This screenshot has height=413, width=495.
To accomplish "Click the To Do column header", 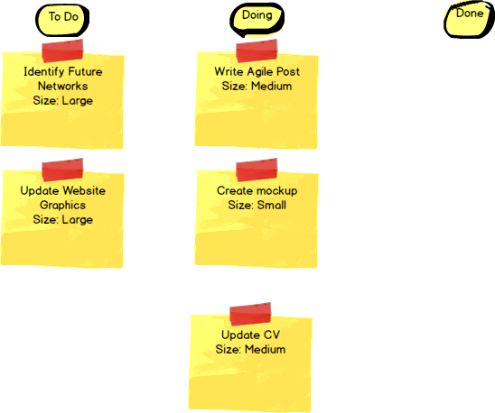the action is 62,20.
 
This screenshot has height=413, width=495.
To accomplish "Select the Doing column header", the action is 257,19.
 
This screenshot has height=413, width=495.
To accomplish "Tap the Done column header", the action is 470,20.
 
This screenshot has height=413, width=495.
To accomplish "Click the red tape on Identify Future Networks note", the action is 62,50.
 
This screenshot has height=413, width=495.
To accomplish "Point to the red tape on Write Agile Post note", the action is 257,50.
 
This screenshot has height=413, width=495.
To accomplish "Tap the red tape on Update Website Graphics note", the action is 62,170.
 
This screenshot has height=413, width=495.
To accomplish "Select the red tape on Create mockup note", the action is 257,170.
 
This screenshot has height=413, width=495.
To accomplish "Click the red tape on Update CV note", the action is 250,314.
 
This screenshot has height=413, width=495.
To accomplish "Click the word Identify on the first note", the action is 44,72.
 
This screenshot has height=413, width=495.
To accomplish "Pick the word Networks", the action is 63,86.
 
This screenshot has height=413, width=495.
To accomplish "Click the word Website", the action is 84,191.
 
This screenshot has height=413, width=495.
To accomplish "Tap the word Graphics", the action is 63,206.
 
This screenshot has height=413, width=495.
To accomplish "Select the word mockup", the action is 277,191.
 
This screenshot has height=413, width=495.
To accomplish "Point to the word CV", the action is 272,335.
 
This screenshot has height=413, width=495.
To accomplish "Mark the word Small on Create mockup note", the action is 272,206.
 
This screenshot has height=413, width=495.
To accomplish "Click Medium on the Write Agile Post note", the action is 272,86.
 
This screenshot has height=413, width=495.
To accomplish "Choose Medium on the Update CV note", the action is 266,349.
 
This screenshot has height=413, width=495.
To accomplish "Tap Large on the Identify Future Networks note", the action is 78,101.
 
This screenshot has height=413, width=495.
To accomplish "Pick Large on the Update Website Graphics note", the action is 78,220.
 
